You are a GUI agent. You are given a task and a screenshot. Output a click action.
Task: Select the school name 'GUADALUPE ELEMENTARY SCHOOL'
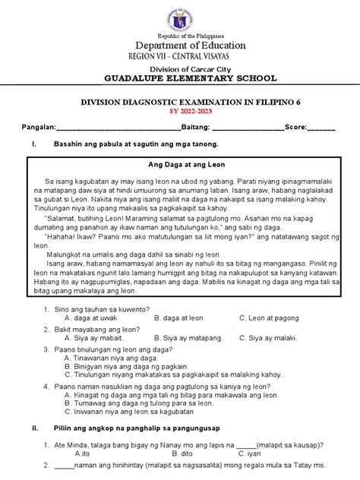pyautogui.click(x=179, y=80)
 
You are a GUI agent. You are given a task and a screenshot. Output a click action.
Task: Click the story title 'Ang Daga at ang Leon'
pyautogui.click(x=180, y=165)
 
